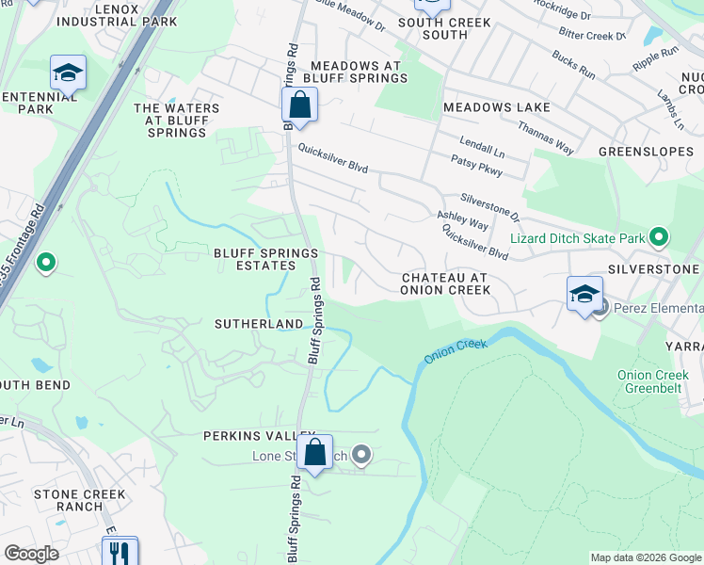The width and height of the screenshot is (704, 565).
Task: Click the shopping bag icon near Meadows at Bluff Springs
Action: [299, 105]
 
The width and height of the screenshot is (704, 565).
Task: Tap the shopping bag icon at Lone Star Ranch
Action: [314, 452]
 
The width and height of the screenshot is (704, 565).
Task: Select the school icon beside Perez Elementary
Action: [584, 292]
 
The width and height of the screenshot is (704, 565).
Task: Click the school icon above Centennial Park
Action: [68, 73]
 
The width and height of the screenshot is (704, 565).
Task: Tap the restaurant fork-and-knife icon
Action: [120, 552]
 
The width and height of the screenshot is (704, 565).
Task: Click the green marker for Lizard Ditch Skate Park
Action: [659, 238]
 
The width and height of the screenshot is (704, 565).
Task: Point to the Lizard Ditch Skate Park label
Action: [578, 239]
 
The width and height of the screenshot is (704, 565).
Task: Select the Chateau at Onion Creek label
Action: [445, 283]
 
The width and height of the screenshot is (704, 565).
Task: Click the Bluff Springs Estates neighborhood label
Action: [255, 259]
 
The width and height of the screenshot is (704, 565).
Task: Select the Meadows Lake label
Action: [496, 107]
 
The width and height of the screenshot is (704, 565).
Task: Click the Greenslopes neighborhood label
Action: [646, 151]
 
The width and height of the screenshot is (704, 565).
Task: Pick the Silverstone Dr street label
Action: [489, 207]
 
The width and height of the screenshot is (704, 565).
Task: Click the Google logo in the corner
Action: [32, 554]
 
